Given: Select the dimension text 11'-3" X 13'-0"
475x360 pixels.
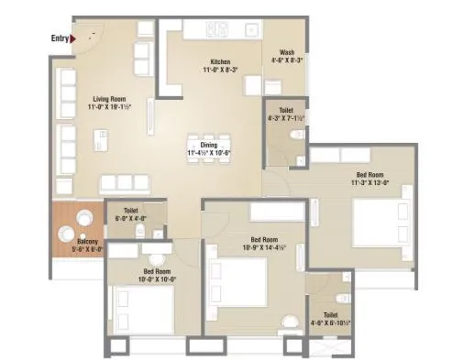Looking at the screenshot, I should click(x=370, y=182).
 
